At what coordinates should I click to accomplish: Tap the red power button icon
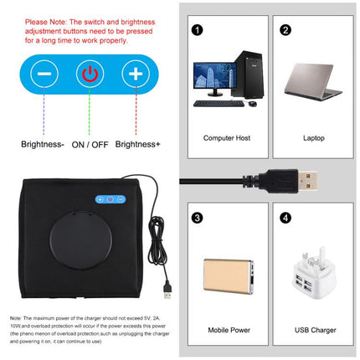(x=89, y=72)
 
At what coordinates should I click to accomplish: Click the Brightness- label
(x=42, y=144)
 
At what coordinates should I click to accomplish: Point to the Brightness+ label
(x=137, y=144)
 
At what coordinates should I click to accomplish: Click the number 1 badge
(x=197, y=30)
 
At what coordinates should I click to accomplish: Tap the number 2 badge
(x=285, y=30)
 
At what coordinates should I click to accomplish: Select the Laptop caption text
(x=314, y=136)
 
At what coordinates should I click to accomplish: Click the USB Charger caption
(x=314, y=330)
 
